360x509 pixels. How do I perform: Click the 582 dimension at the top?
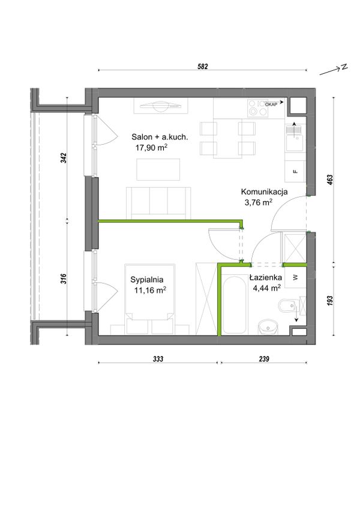coord(203,67)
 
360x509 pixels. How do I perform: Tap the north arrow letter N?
coord(344,67)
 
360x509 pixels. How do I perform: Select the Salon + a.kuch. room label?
coord(160,137)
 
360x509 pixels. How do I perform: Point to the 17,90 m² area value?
coord(151,148)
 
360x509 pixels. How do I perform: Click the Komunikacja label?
coord(264,192)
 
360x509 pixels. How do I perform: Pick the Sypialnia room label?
coord(147,280)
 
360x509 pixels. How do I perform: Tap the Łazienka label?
coord(266,277)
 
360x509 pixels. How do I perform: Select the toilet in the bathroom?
coord(287,306)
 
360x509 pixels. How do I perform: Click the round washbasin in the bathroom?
coord(268,328)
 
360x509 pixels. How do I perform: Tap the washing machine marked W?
coord(295,277)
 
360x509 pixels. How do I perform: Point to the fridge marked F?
coord(295,171)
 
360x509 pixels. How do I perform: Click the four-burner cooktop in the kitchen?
coord(258,108)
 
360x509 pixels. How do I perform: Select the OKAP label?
coord(271,104)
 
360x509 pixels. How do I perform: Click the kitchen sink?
coord(295,137)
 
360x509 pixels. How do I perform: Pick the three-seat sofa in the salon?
coord(158,202)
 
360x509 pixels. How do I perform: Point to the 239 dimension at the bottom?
coord(264,359)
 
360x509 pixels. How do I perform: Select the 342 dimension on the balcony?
coord(64,158)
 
